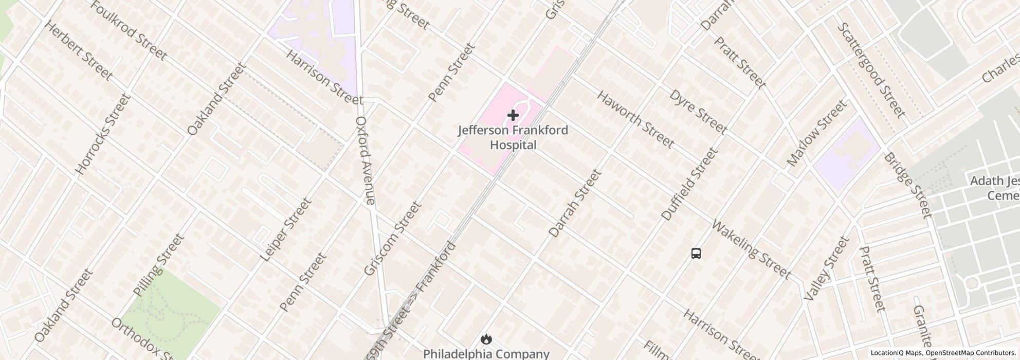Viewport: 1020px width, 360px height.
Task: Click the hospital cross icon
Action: [x=513, y=115]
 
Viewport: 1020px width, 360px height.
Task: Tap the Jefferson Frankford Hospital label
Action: [x=513, y=137]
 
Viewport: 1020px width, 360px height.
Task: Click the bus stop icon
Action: [x=696, y=253]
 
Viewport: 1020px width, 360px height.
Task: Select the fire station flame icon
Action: [x=486, y=339]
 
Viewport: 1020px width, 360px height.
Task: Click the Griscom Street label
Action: [x=392, y=238]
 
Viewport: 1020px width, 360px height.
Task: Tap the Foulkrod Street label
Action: [x=129, y=30]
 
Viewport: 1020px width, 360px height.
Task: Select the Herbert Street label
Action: [x=79, y=51]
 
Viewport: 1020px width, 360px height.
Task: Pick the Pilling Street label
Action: [x=158, y=265]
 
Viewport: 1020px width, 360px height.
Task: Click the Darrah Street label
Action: [x=575, y=204]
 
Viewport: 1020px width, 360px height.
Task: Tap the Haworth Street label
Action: [x=635, y=119]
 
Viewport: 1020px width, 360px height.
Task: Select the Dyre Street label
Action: [x=699, y=111]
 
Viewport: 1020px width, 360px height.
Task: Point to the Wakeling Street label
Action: [x=751, y=249]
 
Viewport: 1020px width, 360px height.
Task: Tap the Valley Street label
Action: [x=824, y=269]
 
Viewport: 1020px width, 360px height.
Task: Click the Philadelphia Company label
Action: [x=486, y=354]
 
